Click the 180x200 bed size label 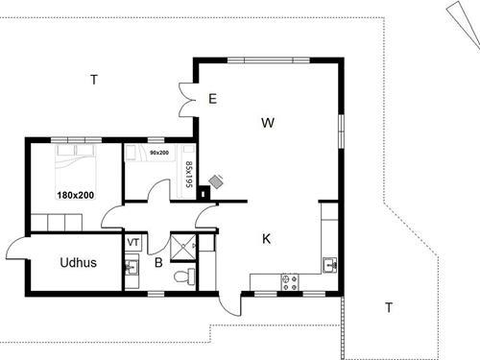click(75, 195)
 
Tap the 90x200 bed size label click(159, 153)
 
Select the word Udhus click(77, 262)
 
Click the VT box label click(133, 242)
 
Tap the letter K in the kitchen click(267, 239)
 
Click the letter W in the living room click(269, 123)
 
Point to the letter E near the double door click(212, 98)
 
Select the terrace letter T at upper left click(93, 80)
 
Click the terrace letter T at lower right click(389, 307)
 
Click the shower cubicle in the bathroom click(183, 246)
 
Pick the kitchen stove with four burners click(288, 281)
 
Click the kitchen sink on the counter click(329, 264)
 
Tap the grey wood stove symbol click(218, 180)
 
